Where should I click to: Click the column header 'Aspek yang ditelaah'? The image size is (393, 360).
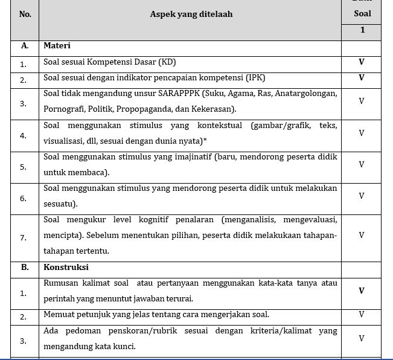(191, 14)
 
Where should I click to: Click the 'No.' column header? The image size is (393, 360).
(25, 14)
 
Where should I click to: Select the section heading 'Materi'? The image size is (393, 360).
(57, 45)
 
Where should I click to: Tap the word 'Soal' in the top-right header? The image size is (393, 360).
(362, 13)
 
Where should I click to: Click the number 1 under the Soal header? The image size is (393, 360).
(362, 30)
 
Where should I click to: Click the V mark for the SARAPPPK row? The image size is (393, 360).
(362, 101)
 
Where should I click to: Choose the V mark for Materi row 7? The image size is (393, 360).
(362, 235)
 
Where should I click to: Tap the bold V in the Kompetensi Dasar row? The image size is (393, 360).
(362, 62)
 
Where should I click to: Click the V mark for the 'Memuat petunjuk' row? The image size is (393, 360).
(362, 314)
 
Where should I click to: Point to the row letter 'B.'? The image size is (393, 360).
(25, 266)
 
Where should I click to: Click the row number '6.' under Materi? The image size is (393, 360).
(23, 198)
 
